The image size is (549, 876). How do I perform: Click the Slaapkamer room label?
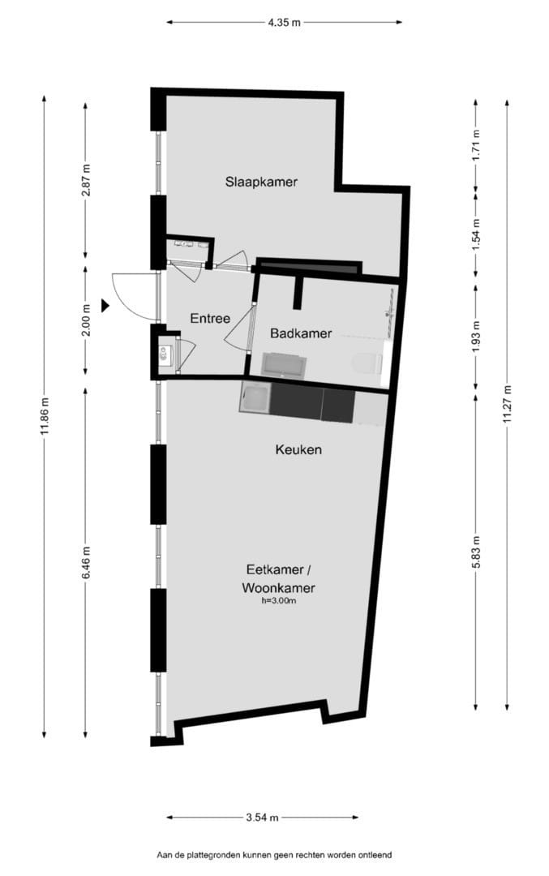(x=261, y=182)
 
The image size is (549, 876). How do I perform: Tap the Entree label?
(x=210, y=319)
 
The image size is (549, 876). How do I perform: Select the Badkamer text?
(x=302, y=333)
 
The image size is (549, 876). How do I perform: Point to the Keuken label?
(x=298, y=449)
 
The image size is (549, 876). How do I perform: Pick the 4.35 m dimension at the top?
(x=284, y=23)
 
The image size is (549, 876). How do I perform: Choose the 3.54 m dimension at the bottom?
(x=262, y=818)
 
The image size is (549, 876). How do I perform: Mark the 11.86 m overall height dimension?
(x=44, y=416)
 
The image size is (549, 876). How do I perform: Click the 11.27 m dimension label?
(x=507, y=403)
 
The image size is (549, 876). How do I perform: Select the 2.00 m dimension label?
(x=86, y=320)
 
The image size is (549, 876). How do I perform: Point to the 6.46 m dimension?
(x=86, y=560)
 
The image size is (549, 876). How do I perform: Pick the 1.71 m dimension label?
(x=476, y=144)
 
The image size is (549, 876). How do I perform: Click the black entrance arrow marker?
(x=105, y=305)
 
